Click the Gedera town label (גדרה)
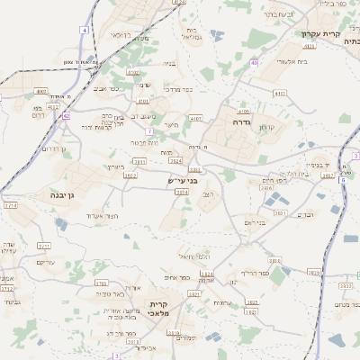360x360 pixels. (x=240, y=121)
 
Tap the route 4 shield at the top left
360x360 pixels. (x=84, y=31)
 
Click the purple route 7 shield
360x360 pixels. (x=148, y=130)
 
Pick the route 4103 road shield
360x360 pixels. (x=280, y=93)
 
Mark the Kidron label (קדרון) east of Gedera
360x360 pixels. (x=266, y=127)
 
